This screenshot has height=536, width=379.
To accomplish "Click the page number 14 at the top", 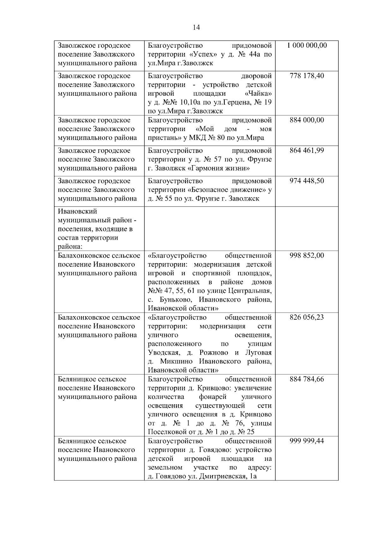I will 196,27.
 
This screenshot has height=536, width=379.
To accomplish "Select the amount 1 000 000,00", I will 307,45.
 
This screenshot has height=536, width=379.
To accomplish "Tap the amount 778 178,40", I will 307,76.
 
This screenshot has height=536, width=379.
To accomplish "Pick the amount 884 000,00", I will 307,120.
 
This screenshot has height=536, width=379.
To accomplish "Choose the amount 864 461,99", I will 307,150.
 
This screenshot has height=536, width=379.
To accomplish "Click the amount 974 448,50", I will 307,181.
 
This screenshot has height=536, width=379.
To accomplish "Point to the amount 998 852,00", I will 307,255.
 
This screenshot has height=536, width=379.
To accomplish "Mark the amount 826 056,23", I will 307,317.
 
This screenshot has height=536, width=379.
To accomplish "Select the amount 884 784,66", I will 307,379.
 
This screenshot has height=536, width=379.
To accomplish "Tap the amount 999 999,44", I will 307,441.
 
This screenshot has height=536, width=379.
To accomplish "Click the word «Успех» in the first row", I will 205,54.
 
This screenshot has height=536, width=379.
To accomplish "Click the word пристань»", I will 163,138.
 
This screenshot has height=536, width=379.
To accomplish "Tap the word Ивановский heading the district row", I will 77,211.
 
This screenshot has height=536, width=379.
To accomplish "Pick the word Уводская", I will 163,352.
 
